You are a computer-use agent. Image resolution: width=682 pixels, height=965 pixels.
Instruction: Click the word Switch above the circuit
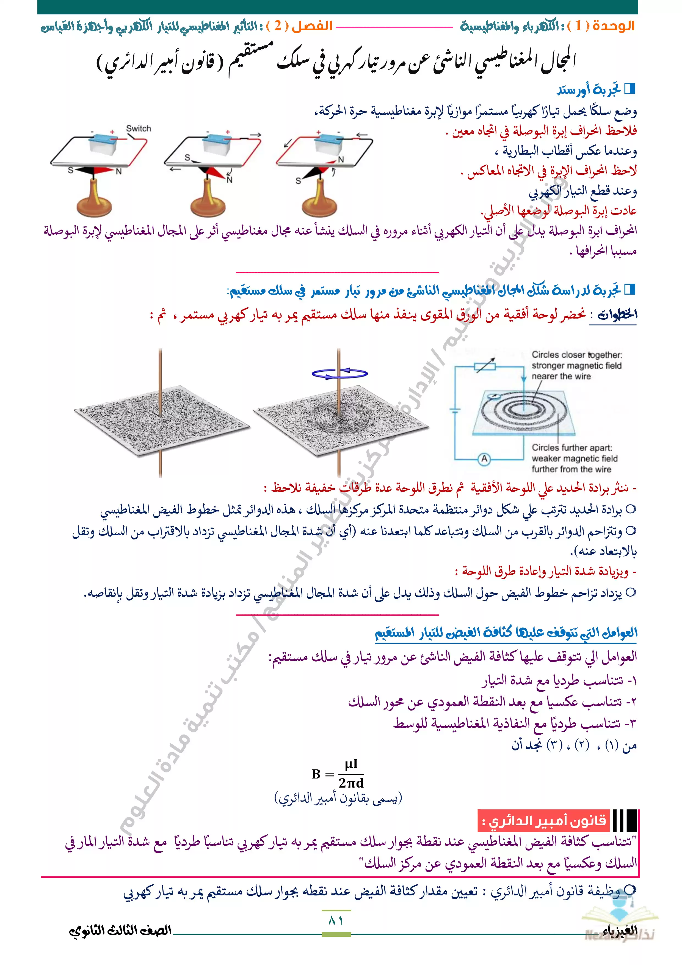[x=138, y=129]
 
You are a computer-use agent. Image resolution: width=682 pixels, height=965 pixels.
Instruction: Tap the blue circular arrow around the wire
[x=340, y=373]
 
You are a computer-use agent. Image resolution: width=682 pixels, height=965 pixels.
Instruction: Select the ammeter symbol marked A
[x=484, y=459]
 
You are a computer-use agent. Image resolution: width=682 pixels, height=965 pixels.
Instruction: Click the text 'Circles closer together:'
[x=577, y=355]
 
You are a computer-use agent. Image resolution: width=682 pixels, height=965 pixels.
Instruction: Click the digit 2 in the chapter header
[x=278, y=26]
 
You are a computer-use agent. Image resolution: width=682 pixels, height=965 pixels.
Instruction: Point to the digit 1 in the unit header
[x=579, y=26]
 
